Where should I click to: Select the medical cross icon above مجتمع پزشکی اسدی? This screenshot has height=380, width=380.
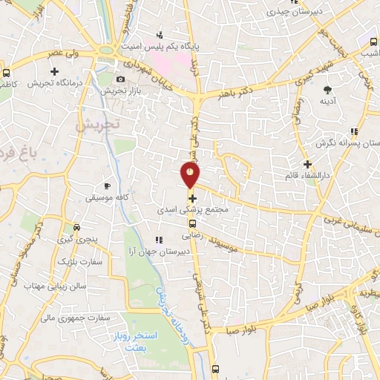pos(193,199)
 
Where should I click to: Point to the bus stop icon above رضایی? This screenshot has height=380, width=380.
pos(192,224)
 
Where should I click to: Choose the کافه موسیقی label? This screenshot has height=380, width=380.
pos(107,198)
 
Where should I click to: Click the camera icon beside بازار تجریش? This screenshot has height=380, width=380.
pos(121,79)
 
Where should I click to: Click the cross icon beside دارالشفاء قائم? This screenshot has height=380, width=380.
pos(307,164)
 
